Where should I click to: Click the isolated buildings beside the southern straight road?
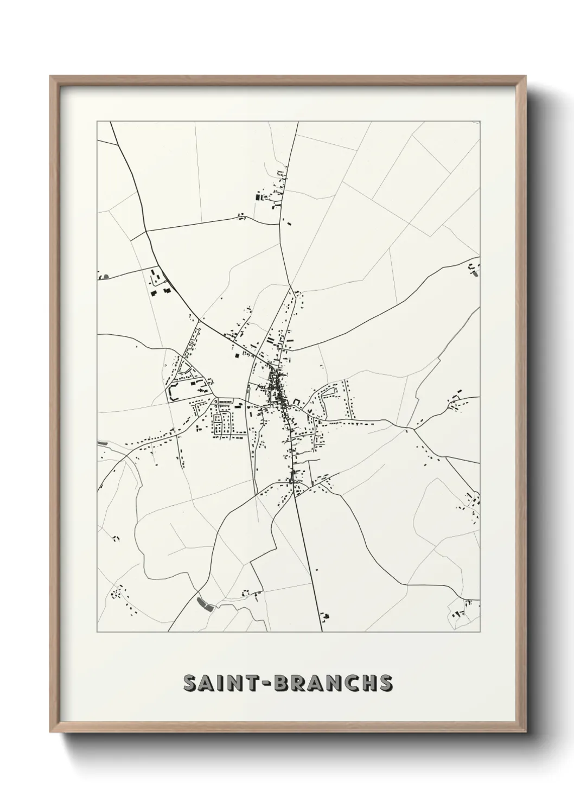pos(326,616)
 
